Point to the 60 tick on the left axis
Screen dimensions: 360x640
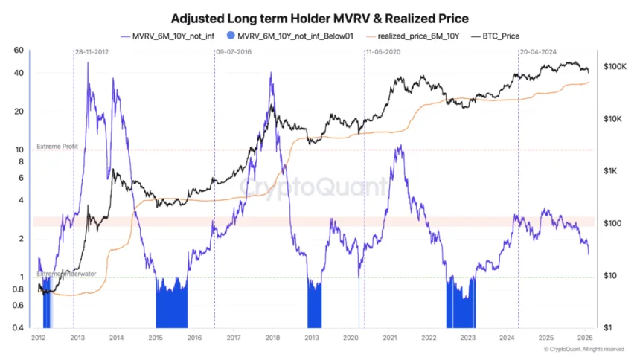[19, 51]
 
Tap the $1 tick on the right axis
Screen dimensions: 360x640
[608, 328]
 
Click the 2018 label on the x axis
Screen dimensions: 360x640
[272, 338]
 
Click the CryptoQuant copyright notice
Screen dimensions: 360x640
[584, 350]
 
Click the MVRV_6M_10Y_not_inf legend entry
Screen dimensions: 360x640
[167, 36]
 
